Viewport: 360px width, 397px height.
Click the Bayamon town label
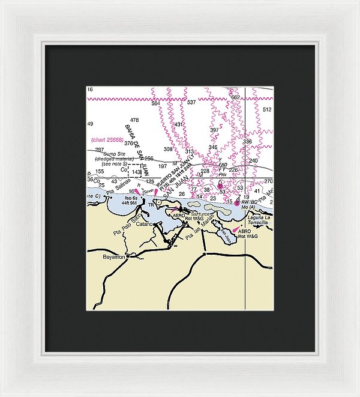(x=114, y=256)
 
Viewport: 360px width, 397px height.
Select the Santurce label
(x=200, y=213)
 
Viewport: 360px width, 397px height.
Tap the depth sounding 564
(x=156, y=103)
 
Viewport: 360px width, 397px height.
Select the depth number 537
(x=191, y=103)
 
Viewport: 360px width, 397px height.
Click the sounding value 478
(x=134, y=120)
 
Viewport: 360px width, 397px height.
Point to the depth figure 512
(x=267, y=109)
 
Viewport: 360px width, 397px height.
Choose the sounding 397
(x=214, y=130)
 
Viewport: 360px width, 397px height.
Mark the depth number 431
(x=179, y=124)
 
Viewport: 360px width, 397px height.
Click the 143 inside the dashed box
(x=136, y=172)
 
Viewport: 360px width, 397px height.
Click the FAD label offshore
(x=223, y=165)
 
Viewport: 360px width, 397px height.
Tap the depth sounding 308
(x=168, y=149)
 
